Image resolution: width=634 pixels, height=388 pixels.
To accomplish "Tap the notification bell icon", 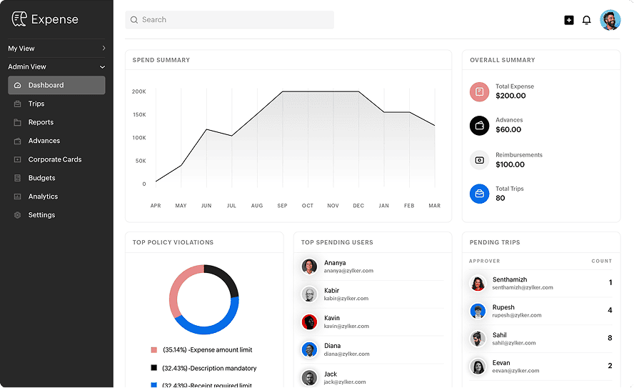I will [587, 20].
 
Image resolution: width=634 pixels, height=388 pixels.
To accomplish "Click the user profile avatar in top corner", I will [610, 20].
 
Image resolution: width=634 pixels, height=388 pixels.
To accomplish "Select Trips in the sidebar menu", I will [36, 104].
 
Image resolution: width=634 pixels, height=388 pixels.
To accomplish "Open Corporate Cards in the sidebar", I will [55, 159].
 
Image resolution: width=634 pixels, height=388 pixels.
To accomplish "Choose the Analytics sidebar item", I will [43, 197].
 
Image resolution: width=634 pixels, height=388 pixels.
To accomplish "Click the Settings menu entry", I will [41, 215].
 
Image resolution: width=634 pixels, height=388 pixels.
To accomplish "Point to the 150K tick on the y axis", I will [139, 114].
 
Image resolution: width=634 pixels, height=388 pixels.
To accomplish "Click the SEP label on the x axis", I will [283, 206].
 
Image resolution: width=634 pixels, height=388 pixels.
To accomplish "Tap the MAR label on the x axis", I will [434, 206].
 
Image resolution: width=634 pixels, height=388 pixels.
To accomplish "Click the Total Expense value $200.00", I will [510, 96].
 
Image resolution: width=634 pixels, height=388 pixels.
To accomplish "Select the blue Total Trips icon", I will [480, 194].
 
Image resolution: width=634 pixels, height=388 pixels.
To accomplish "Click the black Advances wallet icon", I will [480, 126].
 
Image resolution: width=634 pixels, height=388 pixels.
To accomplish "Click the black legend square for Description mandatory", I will [154, 368].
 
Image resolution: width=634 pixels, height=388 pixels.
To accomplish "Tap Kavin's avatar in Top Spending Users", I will [309, 322].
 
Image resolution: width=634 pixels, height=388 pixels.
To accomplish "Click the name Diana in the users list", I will [332, 346].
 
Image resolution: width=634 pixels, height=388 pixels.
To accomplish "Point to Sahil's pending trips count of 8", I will [610, 338].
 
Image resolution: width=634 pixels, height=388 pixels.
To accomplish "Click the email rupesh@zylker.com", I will [517, 315].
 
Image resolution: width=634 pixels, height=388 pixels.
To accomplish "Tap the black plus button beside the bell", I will [569, 20].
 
